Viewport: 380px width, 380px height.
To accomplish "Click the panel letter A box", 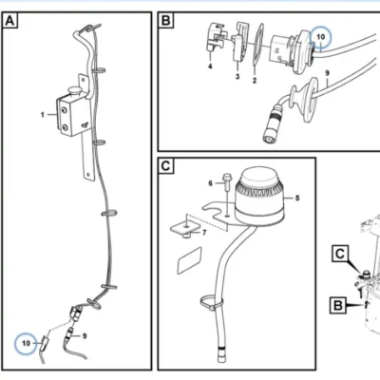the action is pos(9,21).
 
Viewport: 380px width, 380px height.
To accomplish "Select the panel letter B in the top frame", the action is pos(165,21).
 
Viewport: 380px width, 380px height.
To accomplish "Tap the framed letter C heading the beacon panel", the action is pos(165,166).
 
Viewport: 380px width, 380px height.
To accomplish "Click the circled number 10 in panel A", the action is pos(26,343).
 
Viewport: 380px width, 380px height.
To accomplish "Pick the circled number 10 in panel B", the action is pos(320,37).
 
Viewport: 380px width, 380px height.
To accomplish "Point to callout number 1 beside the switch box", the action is pos(43,115).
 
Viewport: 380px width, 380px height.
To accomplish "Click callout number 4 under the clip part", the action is pos(210,66).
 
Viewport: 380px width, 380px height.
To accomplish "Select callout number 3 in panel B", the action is pos(237,77).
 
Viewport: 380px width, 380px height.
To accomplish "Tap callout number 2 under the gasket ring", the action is pos(255,81).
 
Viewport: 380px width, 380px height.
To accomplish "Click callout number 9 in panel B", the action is pos(328,73).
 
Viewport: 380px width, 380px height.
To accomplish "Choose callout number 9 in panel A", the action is pos(85,336).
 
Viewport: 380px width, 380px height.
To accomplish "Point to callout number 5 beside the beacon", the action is pos(297,199).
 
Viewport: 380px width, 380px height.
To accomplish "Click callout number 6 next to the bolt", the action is pos(211,183).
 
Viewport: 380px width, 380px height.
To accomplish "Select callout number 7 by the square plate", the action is pos(204,233).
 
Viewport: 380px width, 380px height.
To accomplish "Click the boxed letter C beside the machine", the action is pos(340,254).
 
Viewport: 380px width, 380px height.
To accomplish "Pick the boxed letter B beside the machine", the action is pos(338,306).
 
